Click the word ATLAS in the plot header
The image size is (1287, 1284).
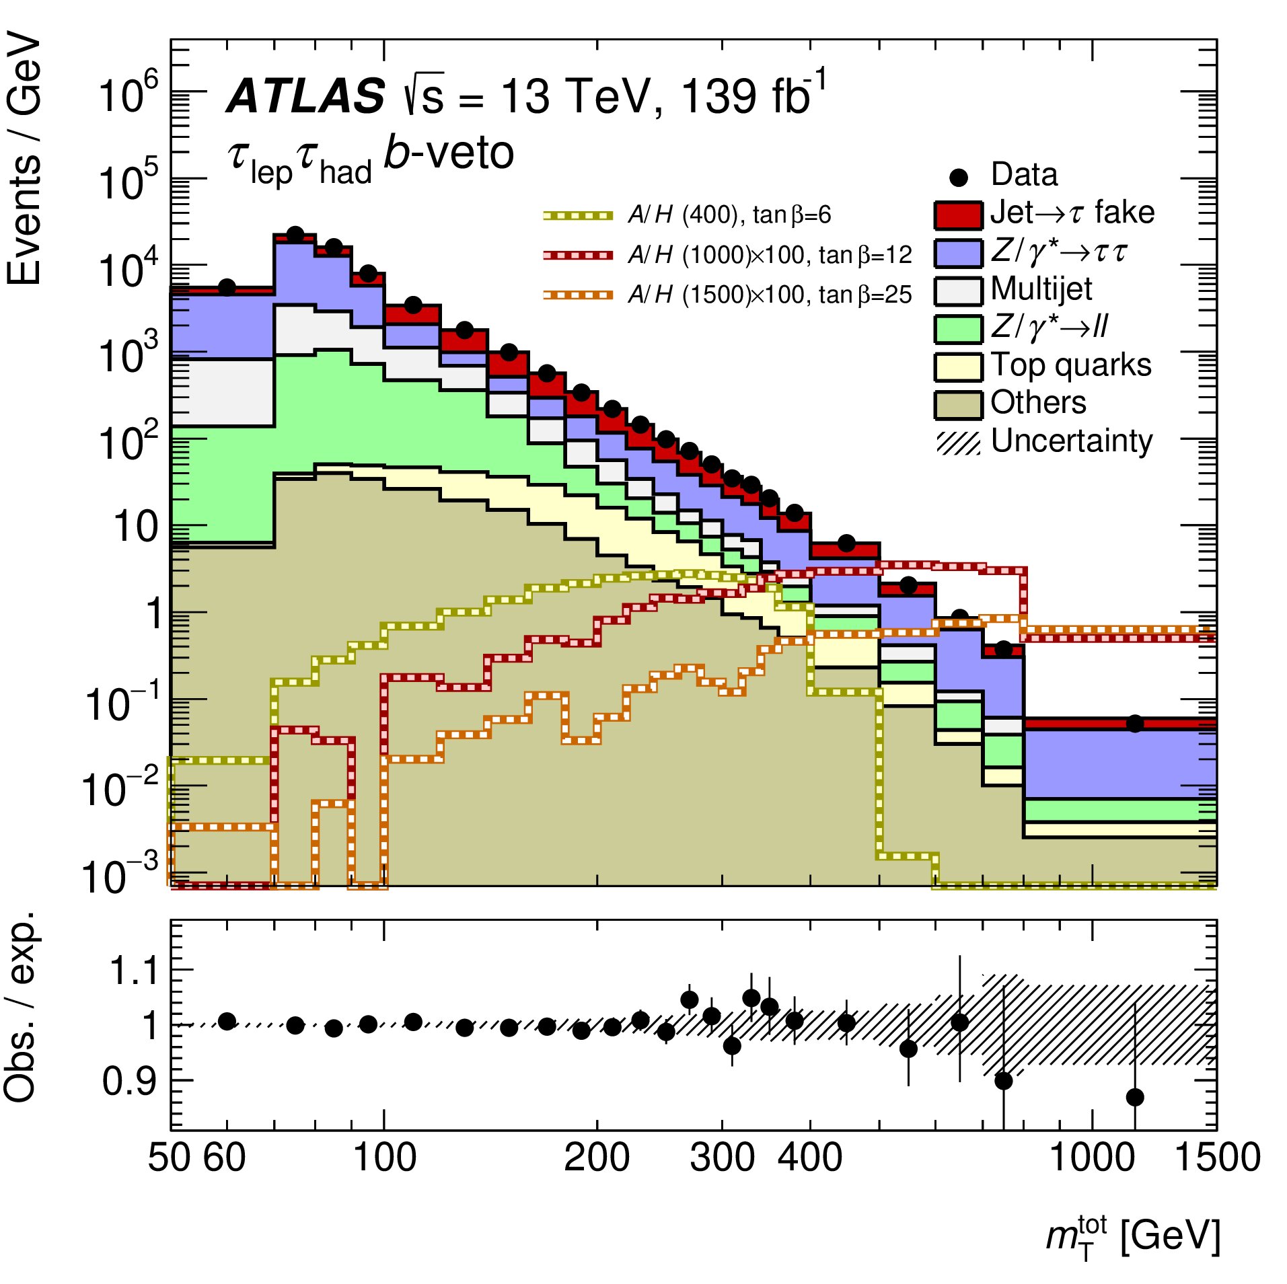point(306,96)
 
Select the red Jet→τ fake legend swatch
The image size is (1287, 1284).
point(957,215)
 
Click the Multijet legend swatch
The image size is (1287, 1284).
point(957,291)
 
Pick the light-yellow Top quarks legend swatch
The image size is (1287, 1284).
point(957,367)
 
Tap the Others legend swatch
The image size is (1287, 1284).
point(957,404)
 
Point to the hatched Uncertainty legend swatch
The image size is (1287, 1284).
point(957,443)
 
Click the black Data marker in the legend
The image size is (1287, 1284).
point(958,178)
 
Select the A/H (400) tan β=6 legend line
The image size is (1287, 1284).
point(578,216)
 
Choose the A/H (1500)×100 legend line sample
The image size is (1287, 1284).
point(578,295)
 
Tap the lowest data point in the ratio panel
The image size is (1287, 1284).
point(1135,1098)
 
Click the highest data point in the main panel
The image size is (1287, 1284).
point(295,235)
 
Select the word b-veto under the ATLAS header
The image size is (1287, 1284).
point(448,153)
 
